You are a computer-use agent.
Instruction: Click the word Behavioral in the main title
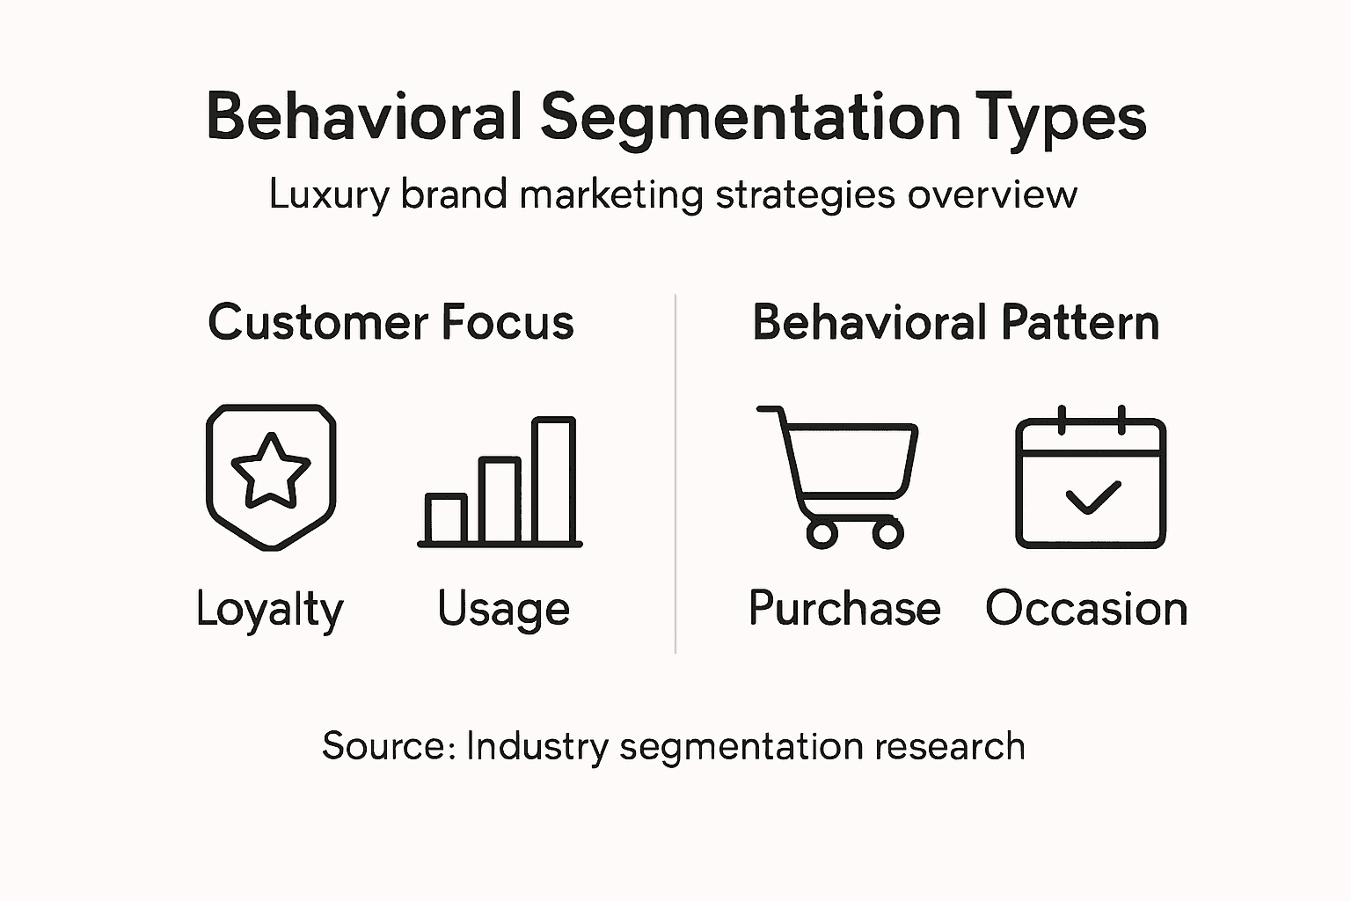pos(364,117)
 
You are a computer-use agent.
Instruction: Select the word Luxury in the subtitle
pos(328,194)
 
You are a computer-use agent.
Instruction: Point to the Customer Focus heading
pos(391,322)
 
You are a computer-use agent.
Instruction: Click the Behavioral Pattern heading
pos(956,322)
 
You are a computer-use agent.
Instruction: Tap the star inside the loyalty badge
pos(271,471)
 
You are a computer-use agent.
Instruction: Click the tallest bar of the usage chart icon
pos(554,480)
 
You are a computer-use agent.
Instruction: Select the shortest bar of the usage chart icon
pos(446,518)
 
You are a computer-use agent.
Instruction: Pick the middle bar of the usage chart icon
pos(500,500)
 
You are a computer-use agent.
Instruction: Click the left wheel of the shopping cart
pos(822,532)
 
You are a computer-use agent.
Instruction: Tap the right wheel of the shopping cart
pos(887,532)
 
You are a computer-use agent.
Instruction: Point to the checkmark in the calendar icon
pos(1092,497)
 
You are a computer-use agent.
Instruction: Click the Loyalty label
pos(269,609)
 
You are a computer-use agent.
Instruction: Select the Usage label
pos(503,609)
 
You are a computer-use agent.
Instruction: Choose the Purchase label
pos(844,608)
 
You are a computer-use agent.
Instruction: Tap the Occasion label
pos(1086,608)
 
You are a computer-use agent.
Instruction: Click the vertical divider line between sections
pos(675,475)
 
